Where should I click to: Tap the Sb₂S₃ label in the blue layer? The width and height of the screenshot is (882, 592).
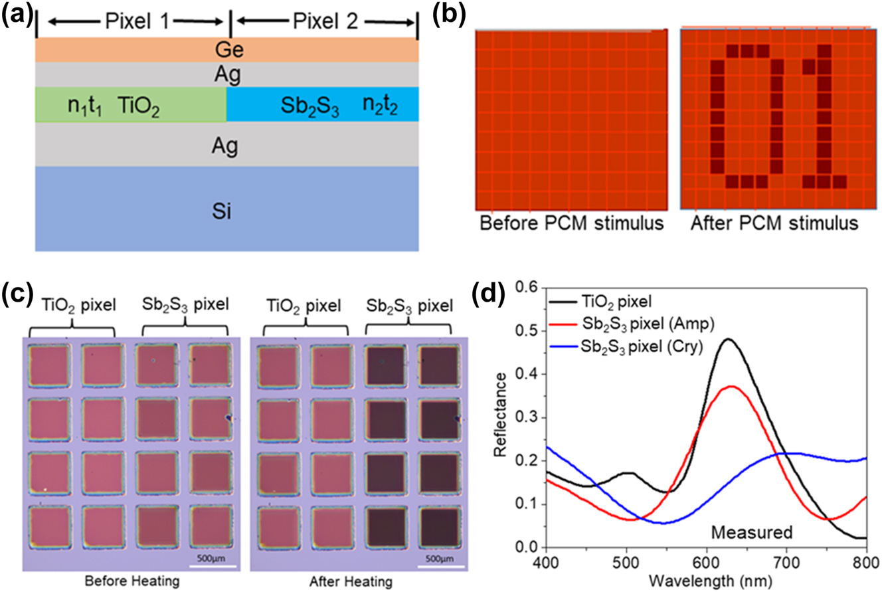(x=309, y=106)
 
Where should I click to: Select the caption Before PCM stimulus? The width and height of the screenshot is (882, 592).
(x=571, y=223)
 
